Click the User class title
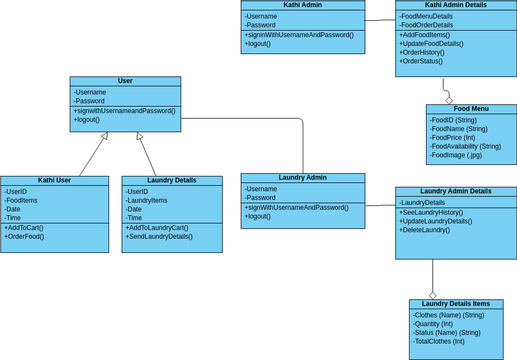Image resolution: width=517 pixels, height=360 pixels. tap(125, 81)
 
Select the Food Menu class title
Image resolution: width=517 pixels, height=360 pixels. tap(471, 109)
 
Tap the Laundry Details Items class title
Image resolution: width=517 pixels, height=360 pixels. tap(455, 304)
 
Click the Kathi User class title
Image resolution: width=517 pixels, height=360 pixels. tap(54, 180)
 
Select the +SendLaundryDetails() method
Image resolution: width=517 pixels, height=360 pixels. tap(159, 236)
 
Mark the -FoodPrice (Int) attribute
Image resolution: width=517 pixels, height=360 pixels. tap(458, 138)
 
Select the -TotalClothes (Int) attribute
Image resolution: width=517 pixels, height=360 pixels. tap(440, 341)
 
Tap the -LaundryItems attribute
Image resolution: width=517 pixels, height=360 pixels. tap(147, 200)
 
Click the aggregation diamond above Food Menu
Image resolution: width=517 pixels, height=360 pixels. tap(450, 100)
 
